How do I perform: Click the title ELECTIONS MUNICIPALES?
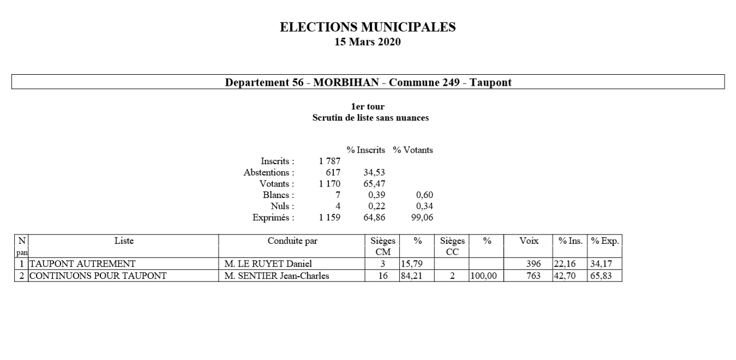368,27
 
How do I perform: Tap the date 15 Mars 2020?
368,42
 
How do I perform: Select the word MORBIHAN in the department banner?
346,82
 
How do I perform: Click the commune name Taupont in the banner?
492,82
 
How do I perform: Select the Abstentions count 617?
333,172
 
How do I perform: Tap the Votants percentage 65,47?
374,184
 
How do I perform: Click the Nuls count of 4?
338,206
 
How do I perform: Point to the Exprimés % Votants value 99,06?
422,218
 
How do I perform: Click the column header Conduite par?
292,241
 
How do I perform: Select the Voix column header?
529,241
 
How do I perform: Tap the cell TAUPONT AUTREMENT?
82,264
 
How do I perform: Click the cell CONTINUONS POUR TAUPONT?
98,276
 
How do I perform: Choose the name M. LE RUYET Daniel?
268,264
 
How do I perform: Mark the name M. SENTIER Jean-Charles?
277,276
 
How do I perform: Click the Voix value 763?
532,276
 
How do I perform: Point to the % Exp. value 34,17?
601,264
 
